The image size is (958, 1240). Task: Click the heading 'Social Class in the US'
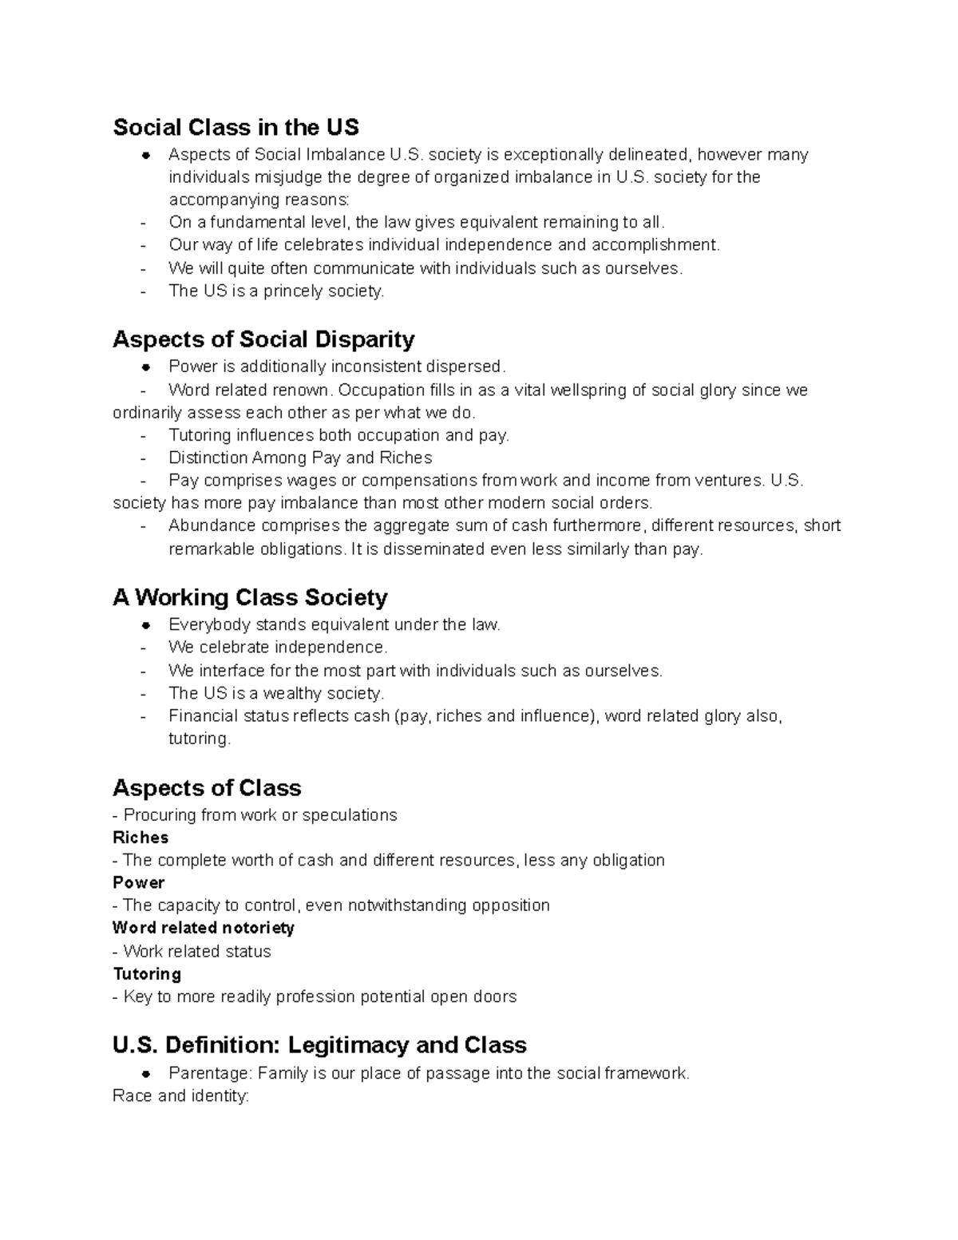(236, 127)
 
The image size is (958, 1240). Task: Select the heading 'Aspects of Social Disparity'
(263, 339)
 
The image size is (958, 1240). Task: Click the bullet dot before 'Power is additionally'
(145, 367)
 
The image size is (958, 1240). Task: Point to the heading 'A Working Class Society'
(250, 597)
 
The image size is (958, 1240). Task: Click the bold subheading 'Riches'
(141, 838)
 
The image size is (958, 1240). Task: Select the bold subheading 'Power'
(139, 882)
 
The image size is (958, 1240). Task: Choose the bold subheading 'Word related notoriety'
(204, 928)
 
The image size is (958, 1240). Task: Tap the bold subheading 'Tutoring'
(147, 974)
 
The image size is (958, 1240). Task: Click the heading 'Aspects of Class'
(207, 788)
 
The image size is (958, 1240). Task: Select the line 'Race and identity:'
(181, 1096)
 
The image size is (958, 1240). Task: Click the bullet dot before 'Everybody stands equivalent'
(145, 625)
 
